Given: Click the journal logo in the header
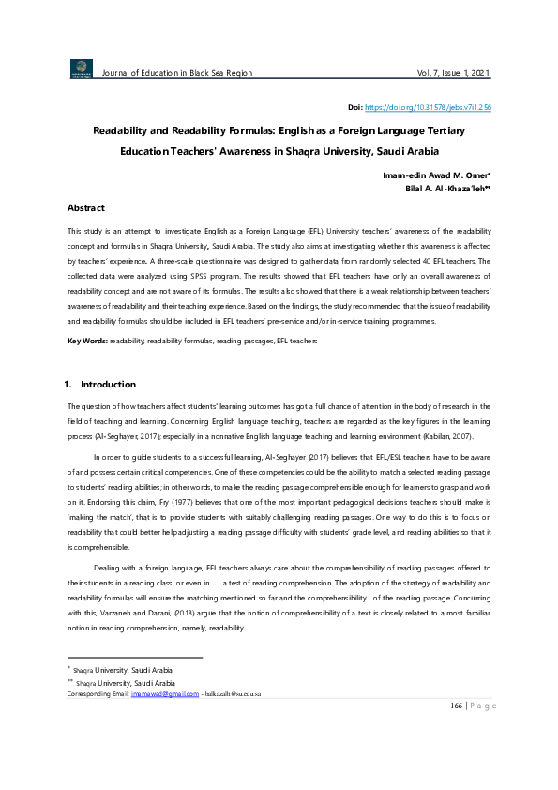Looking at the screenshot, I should [x=82, y=68].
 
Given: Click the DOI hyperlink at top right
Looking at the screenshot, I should [x=427, y=107].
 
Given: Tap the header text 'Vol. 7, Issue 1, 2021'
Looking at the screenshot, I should [x=453, y=73].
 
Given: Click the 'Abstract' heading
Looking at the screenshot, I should [x=86, y=207].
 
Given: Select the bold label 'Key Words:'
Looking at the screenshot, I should [x=87, y=340].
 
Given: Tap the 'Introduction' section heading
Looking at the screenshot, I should [x=108, y=385].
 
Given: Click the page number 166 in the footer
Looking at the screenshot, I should [x=458, y=733].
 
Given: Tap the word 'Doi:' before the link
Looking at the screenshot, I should [x=354, y=107].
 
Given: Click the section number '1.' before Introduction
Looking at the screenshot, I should [x=68, y=385].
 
